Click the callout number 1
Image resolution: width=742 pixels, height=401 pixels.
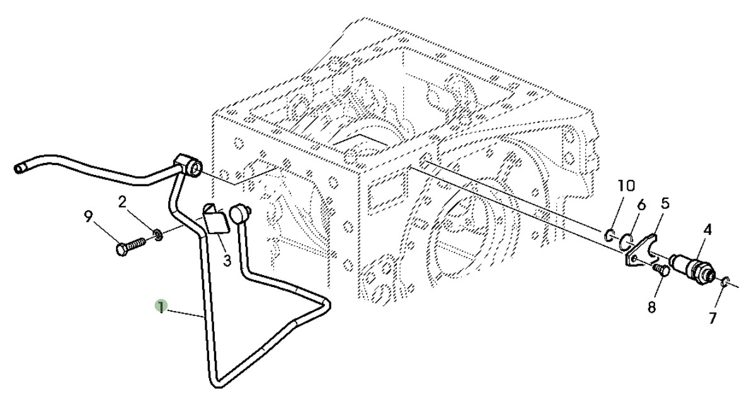point(161,307)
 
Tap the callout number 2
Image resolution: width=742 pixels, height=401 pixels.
point(122,202)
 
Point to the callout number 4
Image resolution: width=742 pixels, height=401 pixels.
point(707,230)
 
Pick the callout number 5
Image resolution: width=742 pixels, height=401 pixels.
point(665,203)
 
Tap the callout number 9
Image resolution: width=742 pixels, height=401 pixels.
point(88,217)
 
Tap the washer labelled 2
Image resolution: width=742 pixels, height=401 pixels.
point(157,236)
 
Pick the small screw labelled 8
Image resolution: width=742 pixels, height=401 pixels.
point(661,271)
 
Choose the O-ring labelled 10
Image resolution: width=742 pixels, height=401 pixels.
point(608,236)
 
